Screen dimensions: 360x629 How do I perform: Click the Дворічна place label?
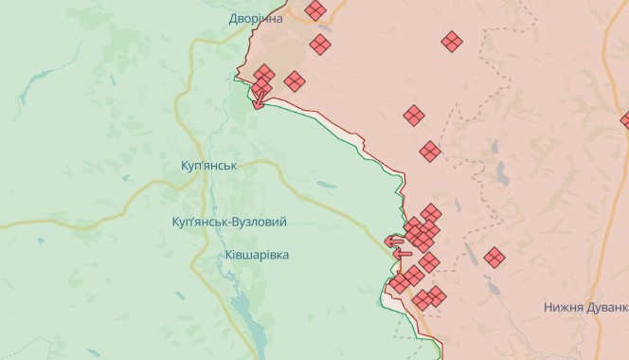(x=256, y=18)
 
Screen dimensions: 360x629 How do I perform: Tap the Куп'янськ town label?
(x=208, y=165)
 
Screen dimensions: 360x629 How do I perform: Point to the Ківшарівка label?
(x=257, y=255)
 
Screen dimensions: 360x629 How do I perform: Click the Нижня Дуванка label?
(x=585, y=307)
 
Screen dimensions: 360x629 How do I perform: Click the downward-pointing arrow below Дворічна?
(x=257, y=100)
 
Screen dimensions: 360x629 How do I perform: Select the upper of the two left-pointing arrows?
(x=392, y=241)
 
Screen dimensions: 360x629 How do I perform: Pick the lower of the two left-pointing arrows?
(x=402, y=253)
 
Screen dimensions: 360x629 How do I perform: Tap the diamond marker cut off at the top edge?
(x=315, y=10)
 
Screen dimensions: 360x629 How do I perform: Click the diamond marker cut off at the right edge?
(x=624, y=120)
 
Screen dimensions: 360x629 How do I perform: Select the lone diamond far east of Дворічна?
(x=452, y=41)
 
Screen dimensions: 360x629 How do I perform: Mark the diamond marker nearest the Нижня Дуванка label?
(x=494, y=257)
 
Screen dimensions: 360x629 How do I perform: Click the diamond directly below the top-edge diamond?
(x=320, y=45)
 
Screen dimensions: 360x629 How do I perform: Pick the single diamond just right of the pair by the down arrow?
(x=294, y=81)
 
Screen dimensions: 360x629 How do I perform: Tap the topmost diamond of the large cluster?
(x=431, y=212)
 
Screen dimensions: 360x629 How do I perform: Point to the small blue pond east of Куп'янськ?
(x=326, y=184)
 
